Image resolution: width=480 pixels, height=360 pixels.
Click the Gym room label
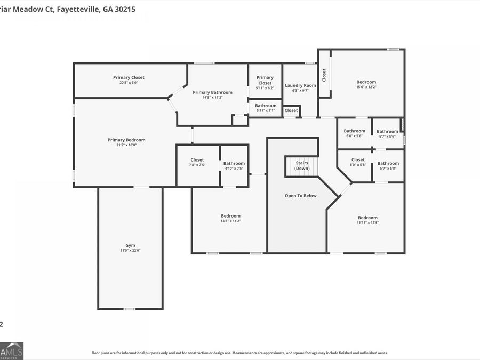click(x=130, y=245)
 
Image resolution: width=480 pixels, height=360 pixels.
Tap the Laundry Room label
click(x=300, y=85)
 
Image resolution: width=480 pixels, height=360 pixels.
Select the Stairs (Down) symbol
click(x=302, y=165)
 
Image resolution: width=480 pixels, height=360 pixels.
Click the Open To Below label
click(x=300, y=196)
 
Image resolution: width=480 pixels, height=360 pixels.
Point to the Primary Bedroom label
click(x=126, y=140)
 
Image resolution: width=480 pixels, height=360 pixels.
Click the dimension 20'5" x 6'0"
click(x=129, y=83)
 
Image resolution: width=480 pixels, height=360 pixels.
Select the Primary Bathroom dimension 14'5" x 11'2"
click(x=212, y=98)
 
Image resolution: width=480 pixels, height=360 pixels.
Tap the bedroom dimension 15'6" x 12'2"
click(x=366, y=87)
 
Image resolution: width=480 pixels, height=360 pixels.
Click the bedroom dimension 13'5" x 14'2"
click(x=230, y=221)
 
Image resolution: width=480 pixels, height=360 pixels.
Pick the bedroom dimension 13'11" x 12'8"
click(x=367, y=222)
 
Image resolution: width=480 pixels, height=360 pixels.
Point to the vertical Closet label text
click(x=324, y=75)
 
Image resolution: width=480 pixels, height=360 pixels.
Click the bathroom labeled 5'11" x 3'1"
click(x=265, y=108)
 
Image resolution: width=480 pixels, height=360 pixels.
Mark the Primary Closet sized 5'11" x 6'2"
click(x=265, y=83)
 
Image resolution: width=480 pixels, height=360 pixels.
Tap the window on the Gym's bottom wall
click(x=129, y=309)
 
